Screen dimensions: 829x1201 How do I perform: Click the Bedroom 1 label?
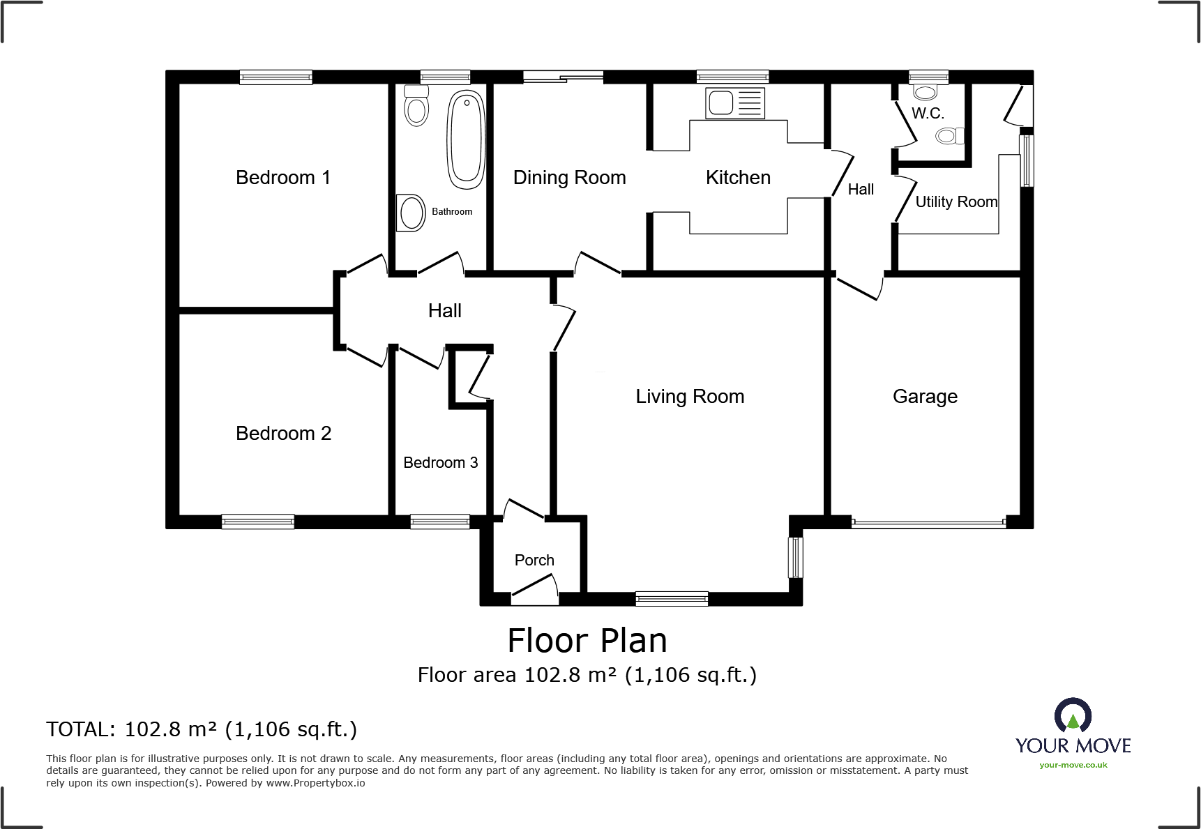click(x=282, y=178)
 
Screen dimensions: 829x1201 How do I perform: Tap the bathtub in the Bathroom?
click(x=466, y=139)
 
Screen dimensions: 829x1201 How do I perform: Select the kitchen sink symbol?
click(x=734, y=103)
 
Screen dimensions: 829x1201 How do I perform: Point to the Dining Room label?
click(x=569, y=178)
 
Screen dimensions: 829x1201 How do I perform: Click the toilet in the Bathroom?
click(x=416, y=106)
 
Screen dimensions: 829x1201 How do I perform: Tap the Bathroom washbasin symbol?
click(x=411, y=213)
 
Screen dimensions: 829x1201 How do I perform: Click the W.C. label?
click(x=927, y=114)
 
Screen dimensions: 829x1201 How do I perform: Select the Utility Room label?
click(x=955, y=202)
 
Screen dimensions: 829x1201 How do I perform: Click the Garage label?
click(x=925, y=397)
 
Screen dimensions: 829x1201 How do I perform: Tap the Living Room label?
click(x=689, y=397)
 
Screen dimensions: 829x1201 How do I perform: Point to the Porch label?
click(x=534, y=561)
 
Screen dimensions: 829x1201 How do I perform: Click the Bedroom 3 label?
click(x=440, y=463)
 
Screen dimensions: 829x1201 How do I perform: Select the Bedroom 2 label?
click(x=283, y=434)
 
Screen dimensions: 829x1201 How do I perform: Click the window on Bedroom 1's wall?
click(x=275, y=77)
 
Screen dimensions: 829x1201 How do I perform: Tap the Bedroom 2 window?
click(x=257, y=522)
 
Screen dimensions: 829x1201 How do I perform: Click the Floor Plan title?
click(x=587, y=641)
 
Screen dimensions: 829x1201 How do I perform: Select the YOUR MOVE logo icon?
click(x=1073, y=716)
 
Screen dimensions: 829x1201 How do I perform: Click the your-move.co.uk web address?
click(x=1073, y=766)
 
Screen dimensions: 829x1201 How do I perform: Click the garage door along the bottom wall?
click(x=928, y=522)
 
